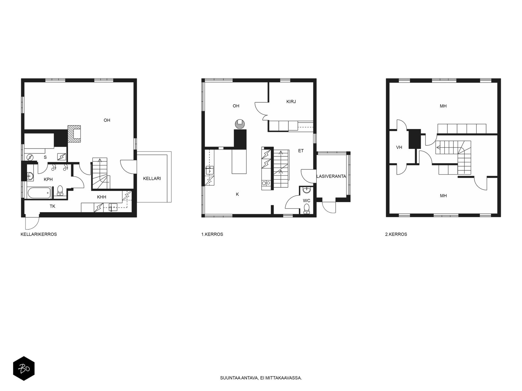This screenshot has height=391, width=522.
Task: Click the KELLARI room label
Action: pyautogui.click(x=152, y=179)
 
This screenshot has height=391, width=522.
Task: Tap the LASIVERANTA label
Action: pyautogui.click(x=331, y=176)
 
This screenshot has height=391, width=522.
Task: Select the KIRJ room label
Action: pyautogui.click(x=291, y=102)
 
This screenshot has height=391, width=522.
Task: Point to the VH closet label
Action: pyautogui.click(x=399, y=148)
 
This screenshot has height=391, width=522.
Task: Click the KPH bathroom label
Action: pyautogui.click(x=48, y=179)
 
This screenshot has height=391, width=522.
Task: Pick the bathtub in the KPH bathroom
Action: pyautogui.click(x=39, y=193)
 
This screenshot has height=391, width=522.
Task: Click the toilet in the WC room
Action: pyautogui.click(x=306, y=208)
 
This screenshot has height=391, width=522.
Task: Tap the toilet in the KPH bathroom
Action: pyautogui.click(x=60, y=190)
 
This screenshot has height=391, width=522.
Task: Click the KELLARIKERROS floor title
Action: pyautogui.click(x=38, y=234)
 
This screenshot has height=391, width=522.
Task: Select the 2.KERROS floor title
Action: pyautogui.click(x=396, y=234)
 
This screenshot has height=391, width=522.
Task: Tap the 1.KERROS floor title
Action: pyautogui.click(x=212, y=234)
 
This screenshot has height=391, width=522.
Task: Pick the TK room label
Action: pyautogui.click(x=53, y=206)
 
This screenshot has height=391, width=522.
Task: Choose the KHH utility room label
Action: pyautogui.click(x=101, y=197)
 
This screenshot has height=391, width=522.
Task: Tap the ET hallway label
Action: pyautogui.click(x=301, y=151)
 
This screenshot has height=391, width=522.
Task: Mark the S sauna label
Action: pyautogui.click(x=45, y=157)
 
